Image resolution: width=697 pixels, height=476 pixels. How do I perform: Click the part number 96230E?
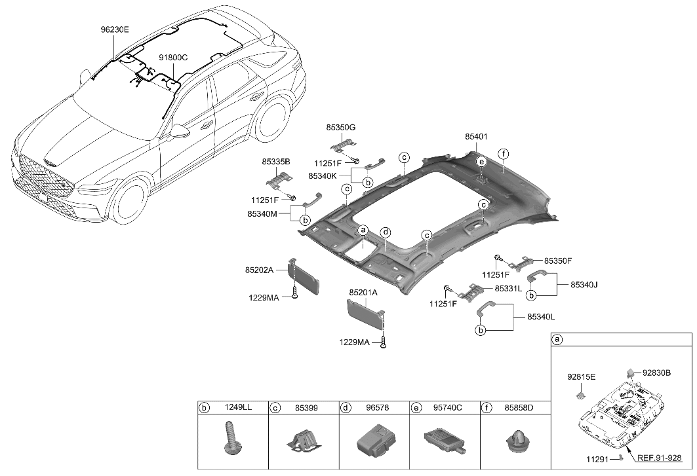click(x=115, y=29)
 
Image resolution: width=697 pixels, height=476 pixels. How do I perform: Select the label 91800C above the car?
click(x=173, y=58)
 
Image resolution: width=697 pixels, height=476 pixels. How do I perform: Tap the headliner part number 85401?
click(x=476, y=137)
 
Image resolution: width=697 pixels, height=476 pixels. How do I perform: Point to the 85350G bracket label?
click(x=341, y=126)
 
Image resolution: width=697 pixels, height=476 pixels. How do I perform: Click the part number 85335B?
click(x=276, y=161)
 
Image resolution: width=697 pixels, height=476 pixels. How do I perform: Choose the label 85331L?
click(x=508, y=288)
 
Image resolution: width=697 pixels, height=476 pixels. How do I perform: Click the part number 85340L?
click(x=541, y=317)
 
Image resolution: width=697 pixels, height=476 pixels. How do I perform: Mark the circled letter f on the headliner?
click(x=503, y=155)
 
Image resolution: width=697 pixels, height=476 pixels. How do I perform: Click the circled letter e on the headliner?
click(x=481, y=162)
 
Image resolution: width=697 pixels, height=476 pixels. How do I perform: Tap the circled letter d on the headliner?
click(x=386, y=232)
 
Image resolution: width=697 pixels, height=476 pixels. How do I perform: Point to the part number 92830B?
click(x=656, y=373)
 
